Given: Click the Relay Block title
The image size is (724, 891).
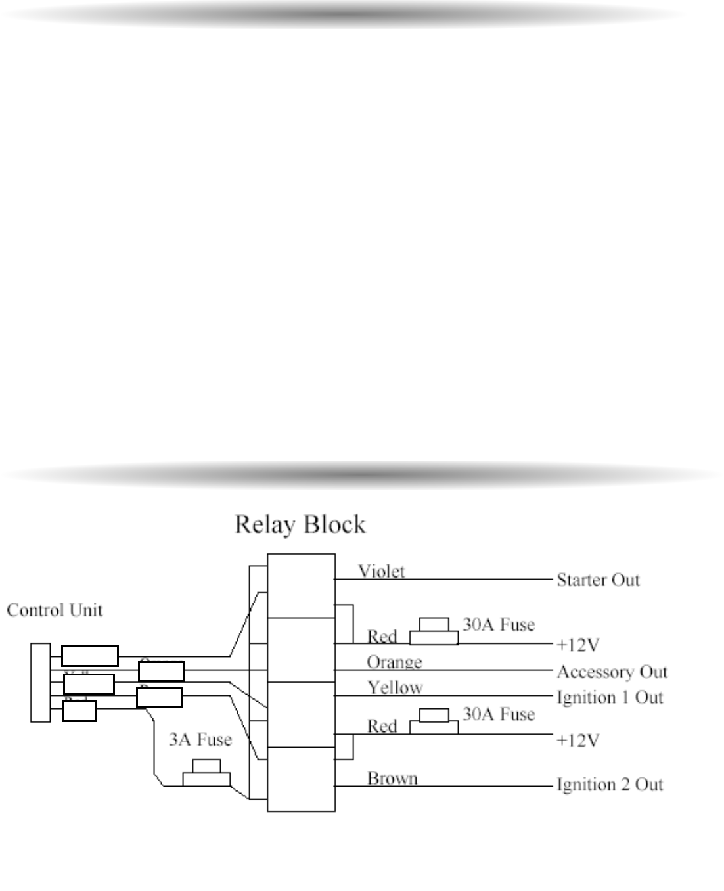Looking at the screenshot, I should (300, 524).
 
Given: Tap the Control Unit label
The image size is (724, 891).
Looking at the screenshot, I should (55, 610).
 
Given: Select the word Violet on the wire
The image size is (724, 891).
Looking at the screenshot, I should (381, 571).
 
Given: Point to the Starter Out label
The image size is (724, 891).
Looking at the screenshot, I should (598, 580).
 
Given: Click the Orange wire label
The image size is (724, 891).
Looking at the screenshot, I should (394, 662).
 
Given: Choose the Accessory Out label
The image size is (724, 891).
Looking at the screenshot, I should (612, 672).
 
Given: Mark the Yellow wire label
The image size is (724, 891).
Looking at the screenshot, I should (395, 687).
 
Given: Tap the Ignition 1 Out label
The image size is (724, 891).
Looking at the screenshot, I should (610, 697).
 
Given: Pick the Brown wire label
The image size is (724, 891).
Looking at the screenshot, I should (392, 778).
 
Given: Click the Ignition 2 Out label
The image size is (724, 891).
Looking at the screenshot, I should (610, 784).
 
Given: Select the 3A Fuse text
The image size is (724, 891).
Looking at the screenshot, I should (200, 740).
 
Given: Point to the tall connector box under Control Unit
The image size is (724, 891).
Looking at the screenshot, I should (41, 683).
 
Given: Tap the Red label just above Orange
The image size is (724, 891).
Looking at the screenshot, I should (382, 636).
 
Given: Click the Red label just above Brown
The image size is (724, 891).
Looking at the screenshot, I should (382, 726).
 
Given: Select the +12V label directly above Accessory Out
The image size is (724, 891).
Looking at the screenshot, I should (577, 645).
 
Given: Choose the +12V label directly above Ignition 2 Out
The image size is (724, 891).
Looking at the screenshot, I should (577, 741).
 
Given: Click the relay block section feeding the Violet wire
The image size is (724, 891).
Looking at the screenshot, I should (302, 585).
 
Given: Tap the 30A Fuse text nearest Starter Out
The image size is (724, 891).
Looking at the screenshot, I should (499, 624).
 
